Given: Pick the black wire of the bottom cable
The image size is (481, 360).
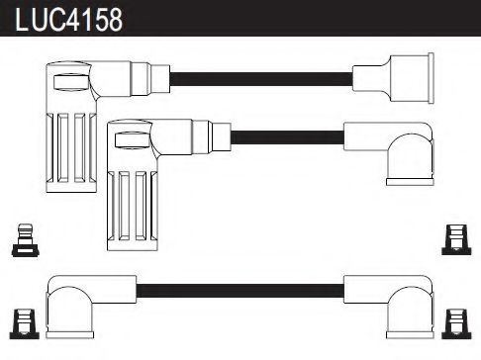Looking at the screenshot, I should click(x=237, y=290).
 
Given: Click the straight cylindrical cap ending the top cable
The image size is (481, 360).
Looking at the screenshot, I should click(x=406, y=74).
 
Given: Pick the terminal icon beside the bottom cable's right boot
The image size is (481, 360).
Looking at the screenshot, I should click(x=455, y=322).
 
